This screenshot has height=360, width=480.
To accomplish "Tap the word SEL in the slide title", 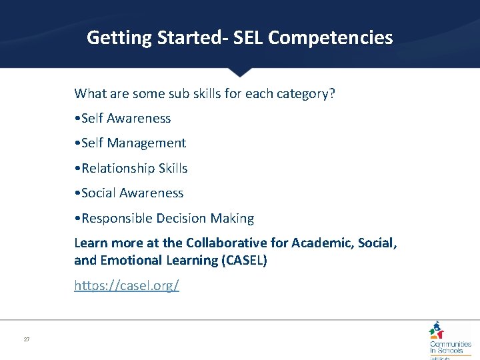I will tap(246, 38).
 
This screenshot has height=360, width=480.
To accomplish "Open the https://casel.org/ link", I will tap(127, 286).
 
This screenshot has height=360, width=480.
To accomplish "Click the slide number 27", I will tap(27, 339).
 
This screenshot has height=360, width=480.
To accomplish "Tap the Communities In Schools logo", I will tap(449, 340).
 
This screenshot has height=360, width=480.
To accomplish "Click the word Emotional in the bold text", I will tap(133, 261).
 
